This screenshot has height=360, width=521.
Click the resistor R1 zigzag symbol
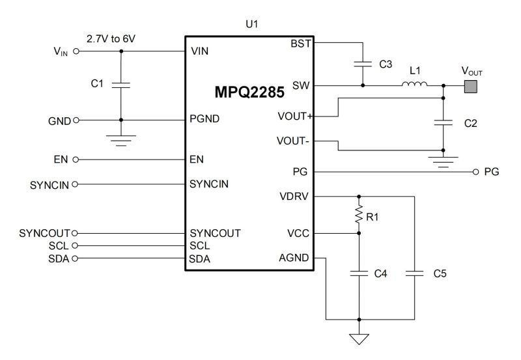[358, 215]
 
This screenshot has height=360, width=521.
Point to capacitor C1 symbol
[121, 84]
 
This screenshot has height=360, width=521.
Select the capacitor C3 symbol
[362, 64]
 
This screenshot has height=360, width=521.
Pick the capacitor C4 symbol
[358, 275]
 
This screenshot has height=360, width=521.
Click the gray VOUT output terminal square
[470, 85]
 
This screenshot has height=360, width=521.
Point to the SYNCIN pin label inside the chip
[209, 184]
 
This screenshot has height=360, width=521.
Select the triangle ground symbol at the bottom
[358, 339]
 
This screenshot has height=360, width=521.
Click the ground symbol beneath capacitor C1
[121, 139]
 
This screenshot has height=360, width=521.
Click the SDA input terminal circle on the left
[76, 258]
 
